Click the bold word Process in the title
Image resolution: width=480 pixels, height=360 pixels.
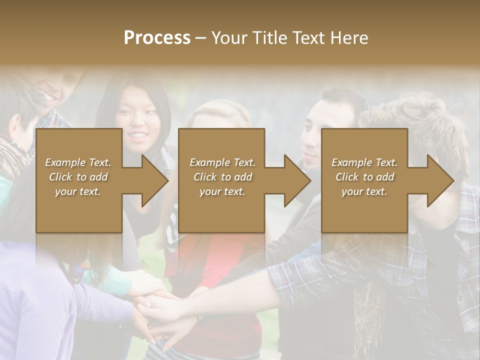(x=157, y=37)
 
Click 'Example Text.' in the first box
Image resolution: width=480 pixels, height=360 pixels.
(x=78, y=162)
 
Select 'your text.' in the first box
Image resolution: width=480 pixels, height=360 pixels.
(x=78, y=191)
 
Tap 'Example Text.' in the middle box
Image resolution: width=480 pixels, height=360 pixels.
(x=222, y=162)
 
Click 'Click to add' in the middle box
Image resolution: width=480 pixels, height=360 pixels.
(x=222, y=177)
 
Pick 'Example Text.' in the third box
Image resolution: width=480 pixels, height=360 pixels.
(x=364, y=162)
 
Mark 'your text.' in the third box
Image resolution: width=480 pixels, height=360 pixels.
(x=364, y=191)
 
